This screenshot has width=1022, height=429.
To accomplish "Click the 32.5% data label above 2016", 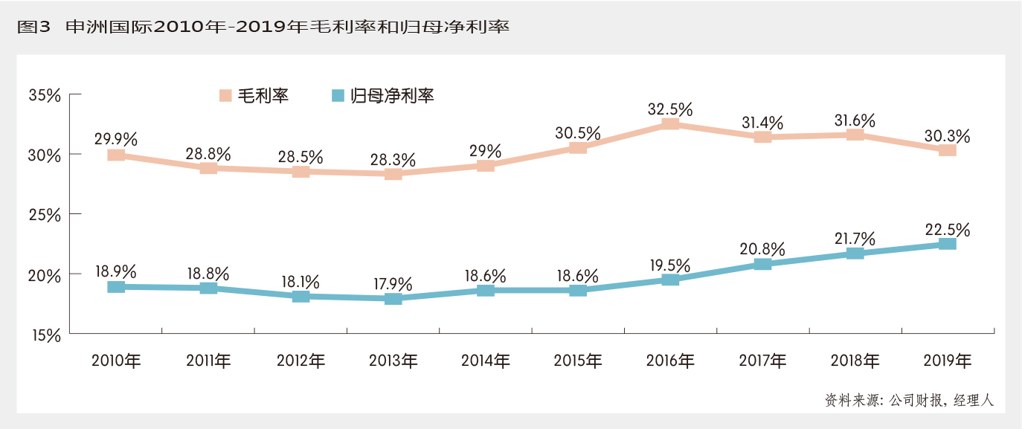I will coord(670,109).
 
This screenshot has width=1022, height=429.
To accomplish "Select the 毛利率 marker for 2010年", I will coord(116,155).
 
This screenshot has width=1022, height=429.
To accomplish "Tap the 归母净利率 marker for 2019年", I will coord(947,244).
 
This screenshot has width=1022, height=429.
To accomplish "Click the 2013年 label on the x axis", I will coord(393,361).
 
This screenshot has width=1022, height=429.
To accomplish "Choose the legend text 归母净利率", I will coord(392,95).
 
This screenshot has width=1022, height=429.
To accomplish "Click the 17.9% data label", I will coord(393,284).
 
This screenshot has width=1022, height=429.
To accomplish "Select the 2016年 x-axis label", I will coord(670,361).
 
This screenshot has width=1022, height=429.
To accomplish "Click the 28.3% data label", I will coord(393,159).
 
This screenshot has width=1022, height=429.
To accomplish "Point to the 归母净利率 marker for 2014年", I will coord(486,290).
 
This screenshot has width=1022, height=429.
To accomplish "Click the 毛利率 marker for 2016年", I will coord(670,123).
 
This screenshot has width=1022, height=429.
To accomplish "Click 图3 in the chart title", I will coord(33,28).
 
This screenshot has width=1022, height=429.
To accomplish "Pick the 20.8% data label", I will coord(762,248).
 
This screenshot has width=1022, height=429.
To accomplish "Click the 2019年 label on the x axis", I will coord(947,361).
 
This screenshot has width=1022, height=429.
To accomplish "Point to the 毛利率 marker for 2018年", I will coord(855,135).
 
